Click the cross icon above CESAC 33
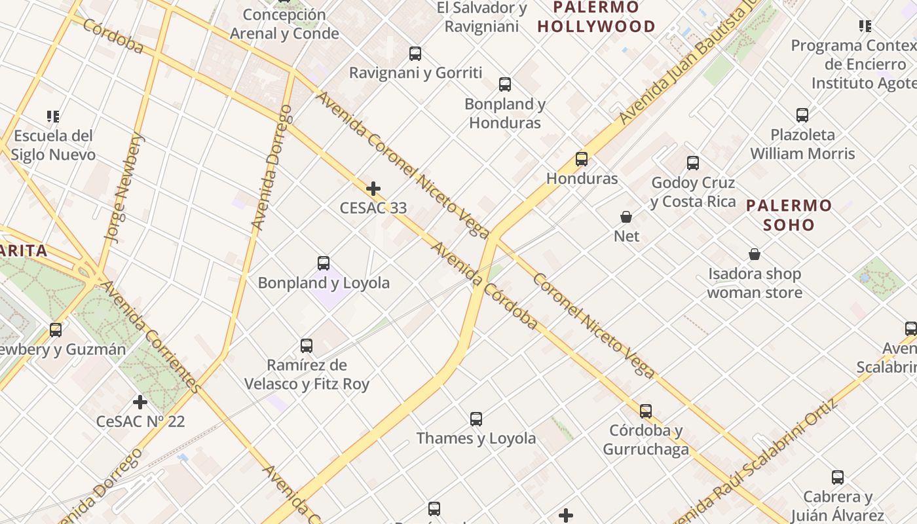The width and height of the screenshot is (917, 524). pos(373,189)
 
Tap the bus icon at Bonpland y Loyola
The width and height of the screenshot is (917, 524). pos(324,263)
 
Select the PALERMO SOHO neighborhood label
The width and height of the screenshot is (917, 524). pos(789,215)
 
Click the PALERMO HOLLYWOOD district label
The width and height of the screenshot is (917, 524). pos(596,17)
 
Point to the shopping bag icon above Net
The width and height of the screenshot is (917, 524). pos(626,217)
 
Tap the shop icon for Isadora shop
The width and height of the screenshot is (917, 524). pos(755,254)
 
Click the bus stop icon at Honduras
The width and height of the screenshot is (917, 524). pos(582,159)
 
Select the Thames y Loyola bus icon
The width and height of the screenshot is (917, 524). pos(476,419)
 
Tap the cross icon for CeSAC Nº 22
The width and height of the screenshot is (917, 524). pos(140,402)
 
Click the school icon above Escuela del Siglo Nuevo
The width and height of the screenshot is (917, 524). pos(53,117)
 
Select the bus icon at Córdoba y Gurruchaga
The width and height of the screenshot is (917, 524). pos(646,411)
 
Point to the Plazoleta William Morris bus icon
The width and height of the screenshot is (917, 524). pos(802,115)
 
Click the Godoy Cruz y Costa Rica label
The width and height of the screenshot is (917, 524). pos(693,192)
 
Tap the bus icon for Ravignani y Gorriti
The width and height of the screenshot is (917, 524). pos(415,54)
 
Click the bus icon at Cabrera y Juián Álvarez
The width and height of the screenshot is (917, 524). pos(838,477)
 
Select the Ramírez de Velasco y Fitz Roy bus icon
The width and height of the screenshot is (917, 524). pos(307,346)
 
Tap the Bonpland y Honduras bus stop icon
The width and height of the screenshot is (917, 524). pos(505,84)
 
